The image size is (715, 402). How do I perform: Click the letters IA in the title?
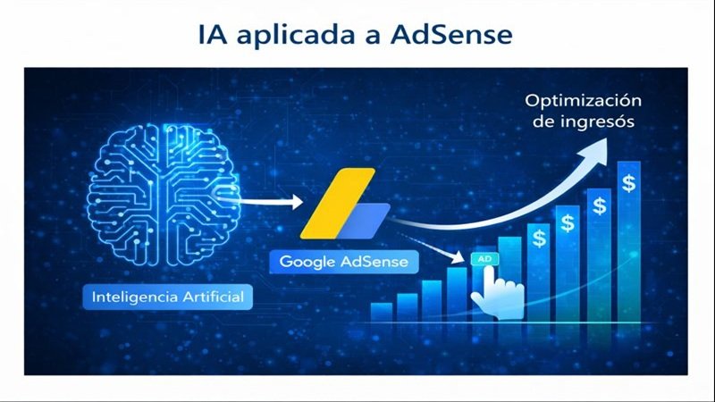coord(214,36)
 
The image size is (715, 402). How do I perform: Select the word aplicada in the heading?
coord(304,37)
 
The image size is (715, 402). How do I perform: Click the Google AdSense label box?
coord(343,262)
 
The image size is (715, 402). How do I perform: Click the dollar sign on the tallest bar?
coord(629,184)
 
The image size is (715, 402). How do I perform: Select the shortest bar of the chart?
coord(382,311)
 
